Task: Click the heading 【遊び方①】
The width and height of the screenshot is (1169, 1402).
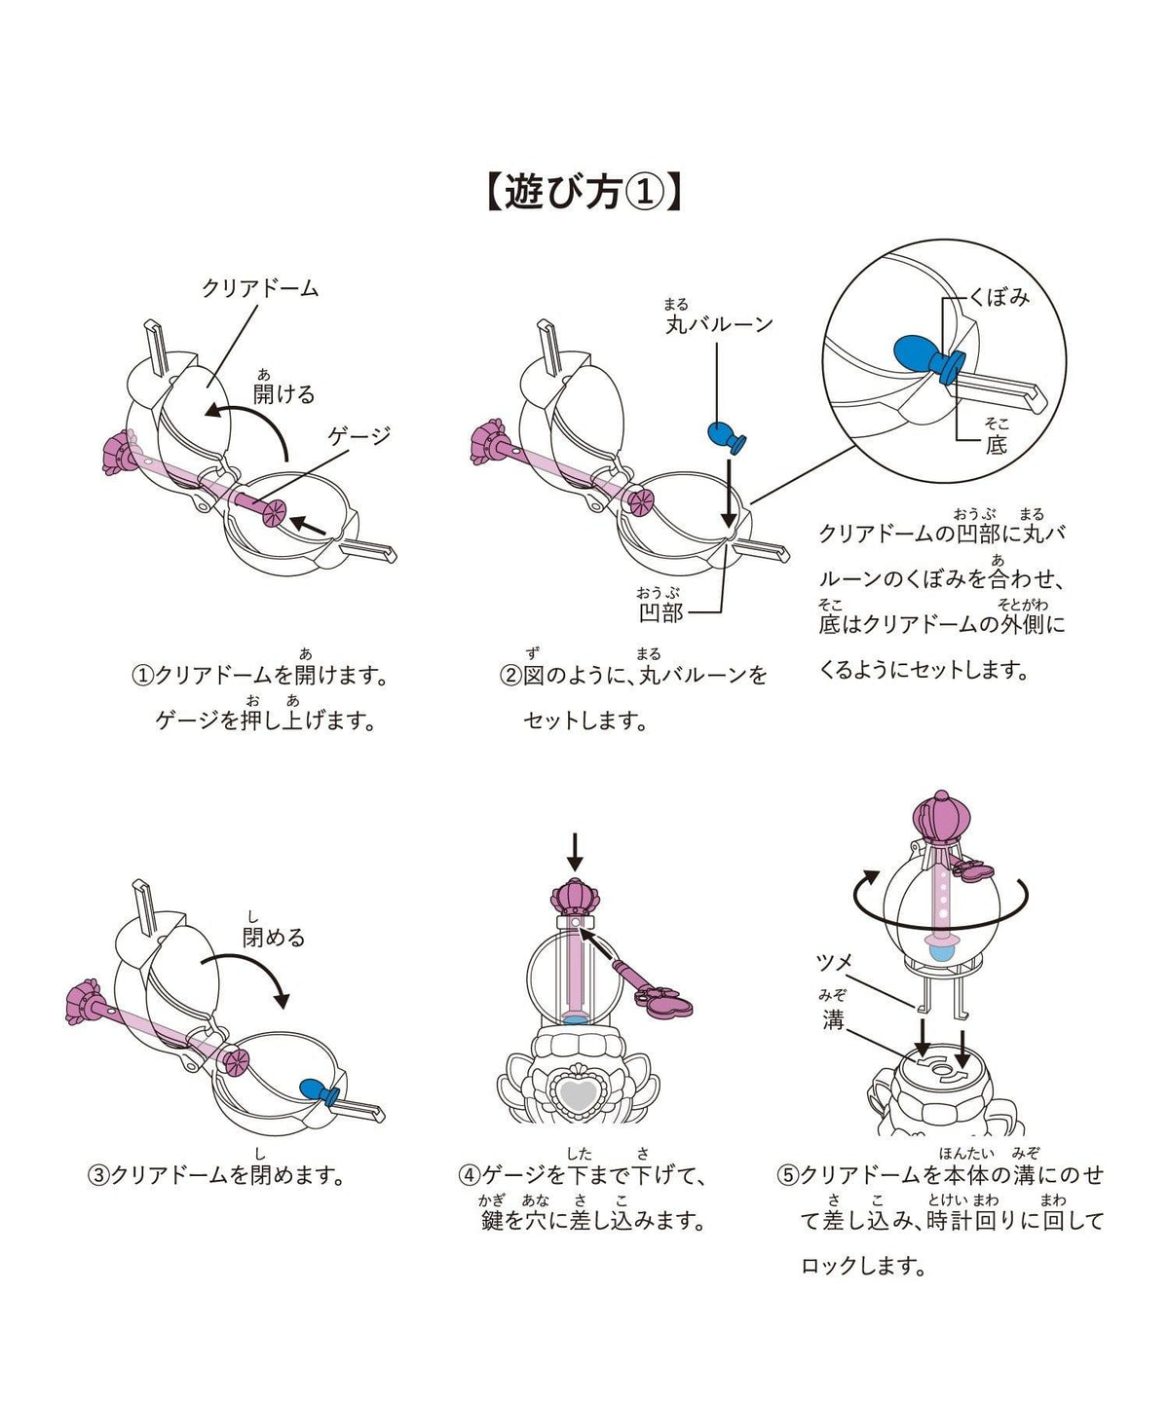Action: pos(584,193)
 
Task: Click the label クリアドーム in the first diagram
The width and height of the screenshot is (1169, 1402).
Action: pos(260,289)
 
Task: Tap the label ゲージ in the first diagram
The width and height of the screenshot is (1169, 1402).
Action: pos(359,436)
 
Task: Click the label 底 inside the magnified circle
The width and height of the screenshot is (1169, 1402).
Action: pos(997,445)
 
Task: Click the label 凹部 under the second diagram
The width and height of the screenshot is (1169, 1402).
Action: pos(661,612)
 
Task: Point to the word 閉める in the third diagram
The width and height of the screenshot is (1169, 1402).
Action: pos(274,938)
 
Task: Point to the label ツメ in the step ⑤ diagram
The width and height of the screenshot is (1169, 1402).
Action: pos(835,963)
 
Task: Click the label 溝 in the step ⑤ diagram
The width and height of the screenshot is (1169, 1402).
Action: pos(833,1020)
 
